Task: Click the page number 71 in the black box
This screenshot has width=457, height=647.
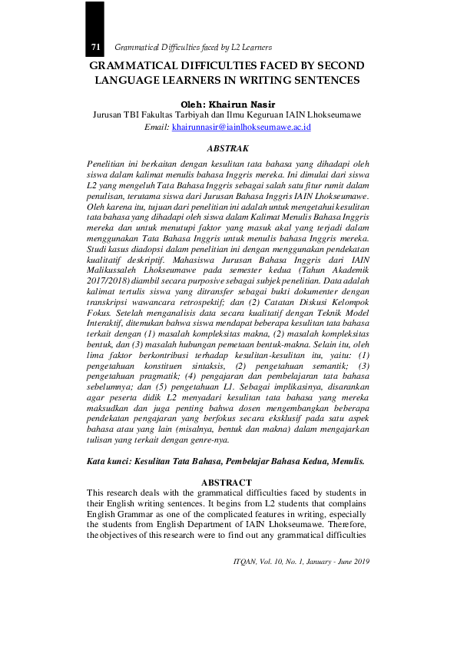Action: coord(96,48)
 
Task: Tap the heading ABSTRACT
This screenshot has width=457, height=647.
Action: coord(227,482)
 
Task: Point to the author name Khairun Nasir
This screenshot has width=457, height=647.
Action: coord(246,104)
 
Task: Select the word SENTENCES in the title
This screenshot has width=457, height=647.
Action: coord(322,79)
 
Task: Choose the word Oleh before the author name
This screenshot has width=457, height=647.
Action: coord(193,104)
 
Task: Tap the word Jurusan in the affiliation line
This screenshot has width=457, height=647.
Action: coord(109,115)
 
